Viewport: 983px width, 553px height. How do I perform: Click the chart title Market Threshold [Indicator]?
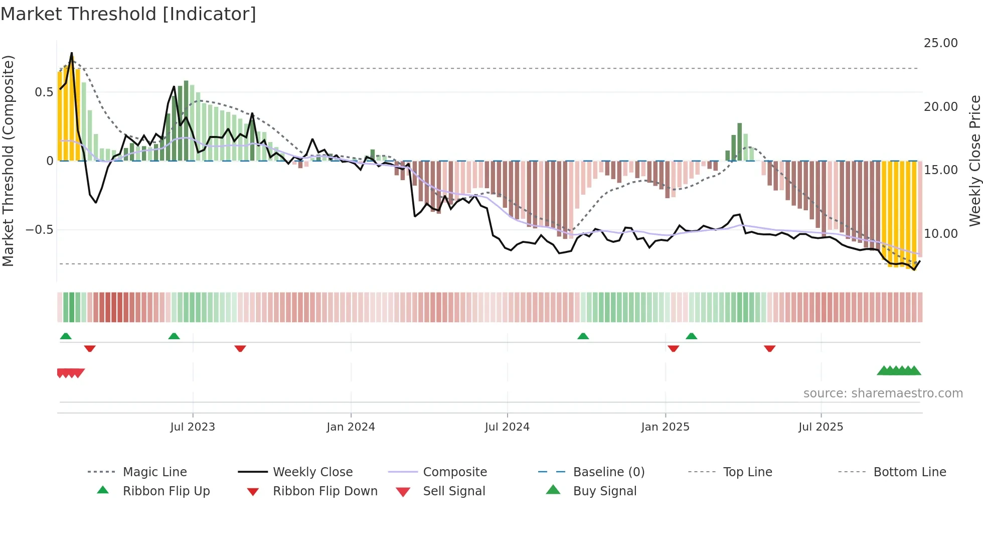coord(128,14)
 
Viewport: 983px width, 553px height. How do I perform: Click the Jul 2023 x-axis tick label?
coord(193,427)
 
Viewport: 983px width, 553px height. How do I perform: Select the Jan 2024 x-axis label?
coord(351,427)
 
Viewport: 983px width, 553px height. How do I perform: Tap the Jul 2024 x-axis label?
coord(507,427)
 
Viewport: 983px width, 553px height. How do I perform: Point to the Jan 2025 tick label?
coord(665,427)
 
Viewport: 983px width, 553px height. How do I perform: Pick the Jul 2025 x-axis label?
coord(821,427)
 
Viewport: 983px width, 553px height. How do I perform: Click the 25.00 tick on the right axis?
coord(940,43)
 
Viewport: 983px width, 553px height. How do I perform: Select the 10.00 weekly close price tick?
coord(940,233)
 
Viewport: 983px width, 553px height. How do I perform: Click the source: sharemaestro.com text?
coord(883,393)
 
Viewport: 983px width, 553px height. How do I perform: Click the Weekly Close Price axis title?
coord(974,161)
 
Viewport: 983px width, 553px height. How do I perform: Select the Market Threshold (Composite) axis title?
coord(8,161)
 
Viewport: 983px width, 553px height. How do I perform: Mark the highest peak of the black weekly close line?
coord(72,53)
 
